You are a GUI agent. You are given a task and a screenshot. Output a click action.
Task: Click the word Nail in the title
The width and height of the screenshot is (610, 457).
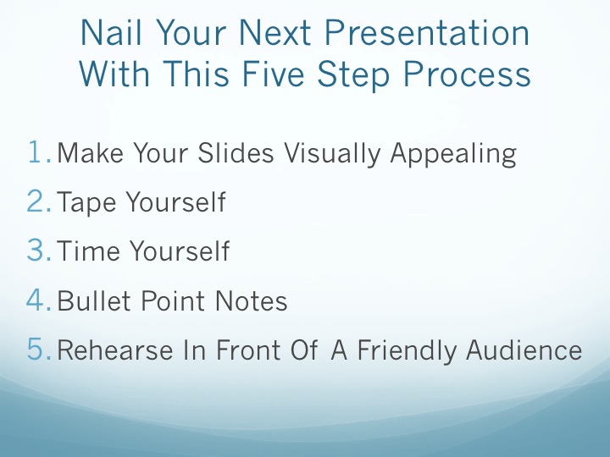click(x=111, y=32)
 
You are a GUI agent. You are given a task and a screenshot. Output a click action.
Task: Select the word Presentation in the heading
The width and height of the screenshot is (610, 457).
click(x=427, y=32)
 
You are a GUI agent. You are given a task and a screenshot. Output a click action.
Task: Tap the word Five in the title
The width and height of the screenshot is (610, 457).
click(x=273, y=74)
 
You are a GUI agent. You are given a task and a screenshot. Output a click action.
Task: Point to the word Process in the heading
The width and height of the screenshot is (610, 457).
click(x=467, y=77)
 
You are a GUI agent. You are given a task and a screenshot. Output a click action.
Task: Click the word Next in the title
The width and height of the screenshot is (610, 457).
click(x=274, y=32)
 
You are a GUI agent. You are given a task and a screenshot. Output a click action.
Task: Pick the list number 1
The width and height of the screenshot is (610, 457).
click(x=39, y=152)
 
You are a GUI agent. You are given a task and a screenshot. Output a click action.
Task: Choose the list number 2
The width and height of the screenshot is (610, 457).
click(x=39, y=201)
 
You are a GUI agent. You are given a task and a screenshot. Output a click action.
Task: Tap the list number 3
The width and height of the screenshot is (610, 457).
click(x=39, y=250)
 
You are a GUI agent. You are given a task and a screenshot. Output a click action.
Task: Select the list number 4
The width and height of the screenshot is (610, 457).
click(x=39, y=300)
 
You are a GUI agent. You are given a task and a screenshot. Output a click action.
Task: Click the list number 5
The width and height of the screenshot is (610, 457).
click(x=39, y=349)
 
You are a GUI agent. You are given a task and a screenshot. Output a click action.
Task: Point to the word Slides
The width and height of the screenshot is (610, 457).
click(x=236, y=152)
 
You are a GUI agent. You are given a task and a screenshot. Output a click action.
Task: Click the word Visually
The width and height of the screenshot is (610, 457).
click(x=332, y=154)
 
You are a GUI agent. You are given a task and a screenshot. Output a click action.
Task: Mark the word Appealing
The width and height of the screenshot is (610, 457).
click(x=453, y=154)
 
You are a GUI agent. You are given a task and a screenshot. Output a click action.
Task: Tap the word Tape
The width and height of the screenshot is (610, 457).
click(x=86, y=203)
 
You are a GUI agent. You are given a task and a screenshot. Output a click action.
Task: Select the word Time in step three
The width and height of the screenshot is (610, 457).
click(x=88, y=251)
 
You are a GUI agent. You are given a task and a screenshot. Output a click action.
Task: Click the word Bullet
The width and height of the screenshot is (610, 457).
click(x=93, y=300)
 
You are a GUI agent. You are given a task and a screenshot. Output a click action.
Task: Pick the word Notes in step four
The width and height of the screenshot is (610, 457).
click(x=251, y=300)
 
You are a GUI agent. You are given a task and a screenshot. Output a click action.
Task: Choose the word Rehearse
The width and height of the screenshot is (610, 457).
click(x=115, y=350)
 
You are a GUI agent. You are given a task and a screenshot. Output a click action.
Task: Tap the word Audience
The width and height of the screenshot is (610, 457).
click(x=524, y=350)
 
